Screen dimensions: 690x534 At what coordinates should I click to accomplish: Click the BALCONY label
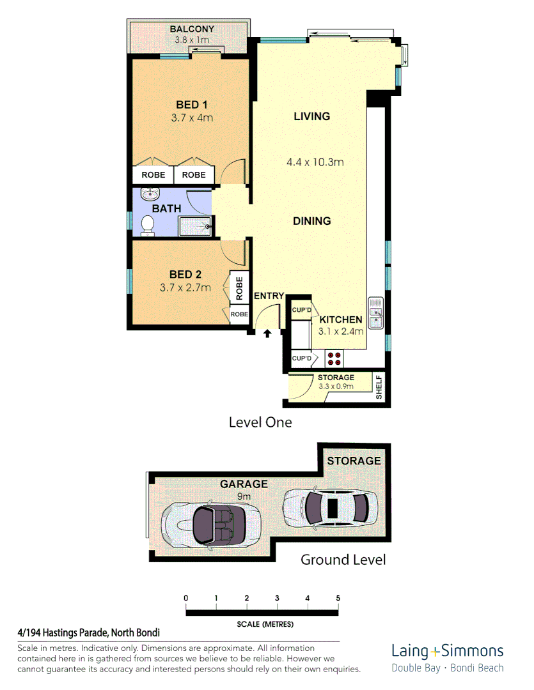pyautogui.click(x=192, y=29)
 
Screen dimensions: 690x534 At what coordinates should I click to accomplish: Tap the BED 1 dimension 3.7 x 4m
pyautogui.click(x=192, y=118)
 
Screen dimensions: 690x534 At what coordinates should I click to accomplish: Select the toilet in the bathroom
pyautogui.click(x=148, y=226)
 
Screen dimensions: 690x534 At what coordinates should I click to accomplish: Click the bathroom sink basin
pyautogui.click(x=149, y=194)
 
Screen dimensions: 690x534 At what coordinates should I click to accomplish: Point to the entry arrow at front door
pyautogui.click(x=267, y=333)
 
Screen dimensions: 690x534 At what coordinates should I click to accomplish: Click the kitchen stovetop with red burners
pyautogui.click(x=333, y=358)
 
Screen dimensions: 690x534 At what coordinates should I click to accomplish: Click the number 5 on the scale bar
pyautogui.click(x=338, y=598)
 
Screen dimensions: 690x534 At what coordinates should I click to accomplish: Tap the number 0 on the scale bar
pyautogui.click(x=186, y=598)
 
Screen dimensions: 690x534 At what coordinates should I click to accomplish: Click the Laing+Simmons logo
pyautogui.click(x=447, y=652)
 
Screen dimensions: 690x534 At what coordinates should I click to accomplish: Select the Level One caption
pyautogui.click(x=260, y=422)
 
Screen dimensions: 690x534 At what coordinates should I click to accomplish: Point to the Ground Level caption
pyautogui.click(x=343, y=560)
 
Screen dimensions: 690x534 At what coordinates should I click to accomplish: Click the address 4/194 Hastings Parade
pyautogui.click(x=88, y=632)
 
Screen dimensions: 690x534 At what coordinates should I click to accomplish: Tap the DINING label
pyautogui.click(x=311, y=221)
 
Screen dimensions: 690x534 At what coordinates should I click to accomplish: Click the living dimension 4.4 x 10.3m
pyautogui.click(x=315, y=162)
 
